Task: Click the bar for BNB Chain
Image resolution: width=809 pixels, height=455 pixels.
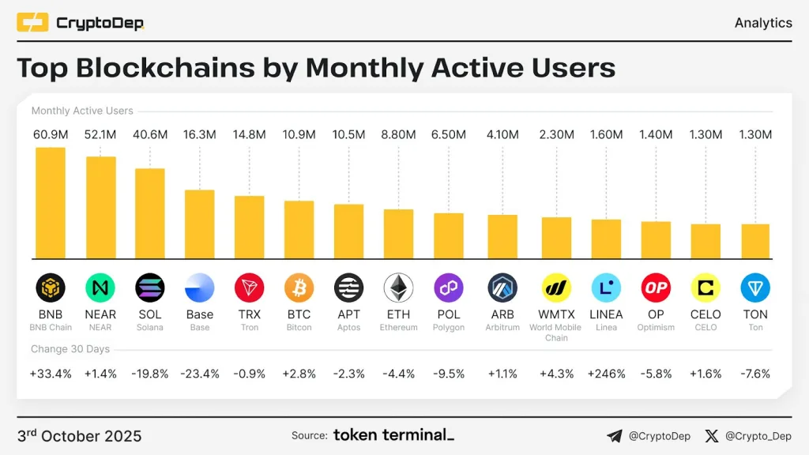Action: click(x=51, y=203)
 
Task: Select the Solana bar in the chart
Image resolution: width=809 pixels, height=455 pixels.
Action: click(x=149, y=213)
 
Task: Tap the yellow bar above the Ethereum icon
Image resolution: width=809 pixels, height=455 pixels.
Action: click(x=398, y=234)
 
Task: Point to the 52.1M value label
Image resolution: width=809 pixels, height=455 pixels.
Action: click(x=100, y=135)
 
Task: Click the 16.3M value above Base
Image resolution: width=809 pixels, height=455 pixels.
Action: click(x=200, y=135)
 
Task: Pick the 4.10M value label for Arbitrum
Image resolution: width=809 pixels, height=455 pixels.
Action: click(x=502, y=135)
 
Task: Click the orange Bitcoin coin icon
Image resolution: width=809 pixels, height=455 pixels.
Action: click(x=299, y=288)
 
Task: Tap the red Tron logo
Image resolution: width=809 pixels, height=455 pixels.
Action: click(x=250, y=288)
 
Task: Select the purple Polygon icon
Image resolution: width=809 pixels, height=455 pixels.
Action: click(x=448, y=288)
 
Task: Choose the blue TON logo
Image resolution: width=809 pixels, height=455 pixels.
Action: click(x=755, y=288)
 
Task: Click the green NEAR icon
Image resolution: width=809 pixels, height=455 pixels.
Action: click(x=100, y=288)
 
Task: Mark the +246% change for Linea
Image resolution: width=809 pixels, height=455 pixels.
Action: click(x=607, y=374)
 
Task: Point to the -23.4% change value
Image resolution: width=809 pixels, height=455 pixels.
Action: click(x=200, y=374)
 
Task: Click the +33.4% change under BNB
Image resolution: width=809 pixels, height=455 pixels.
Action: click(x=51, y=374)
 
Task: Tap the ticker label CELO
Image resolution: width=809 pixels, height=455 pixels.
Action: click(x=706, y=314)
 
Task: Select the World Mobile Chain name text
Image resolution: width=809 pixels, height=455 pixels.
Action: click(x=556, y=333)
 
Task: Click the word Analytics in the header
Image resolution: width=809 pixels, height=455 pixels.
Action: click(x=763, y=23)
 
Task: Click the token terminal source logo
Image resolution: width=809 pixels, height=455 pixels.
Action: click(x=393, y=435)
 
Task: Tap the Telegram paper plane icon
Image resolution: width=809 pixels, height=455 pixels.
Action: click(x=615, y=435)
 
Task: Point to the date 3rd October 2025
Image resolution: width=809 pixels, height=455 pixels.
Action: click(x=79, y=436)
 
